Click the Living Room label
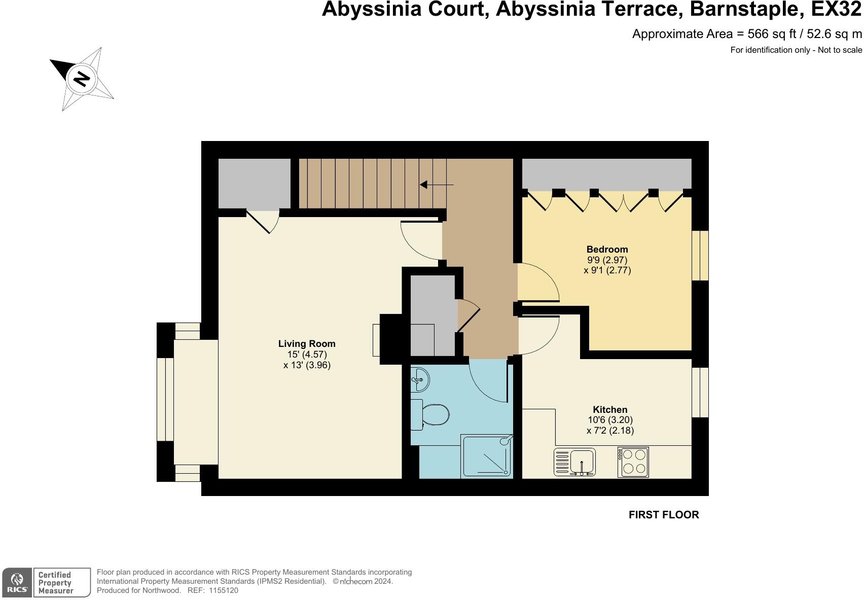[x=307, y=344]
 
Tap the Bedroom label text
[x=607, y=250]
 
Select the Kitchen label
[x=610, y=410]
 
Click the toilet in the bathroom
[x=431, y=414]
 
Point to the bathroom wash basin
[x=420, y=379]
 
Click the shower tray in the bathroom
[x=486, y=456]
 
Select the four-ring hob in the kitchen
[x=633, y=462]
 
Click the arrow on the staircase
[x=436, y=185]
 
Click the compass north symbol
[x=81, y=79]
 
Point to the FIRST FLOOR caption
[x=663, y=515]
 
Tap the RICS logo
[x=17, y=583]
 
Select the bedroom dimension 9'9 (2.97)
[x=607, y=260]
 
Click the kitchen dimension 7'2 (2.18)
[x=610, y=431]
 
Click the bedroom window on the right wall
[x=700, y=256]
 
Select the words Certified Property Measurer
[x=56, y=583]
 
